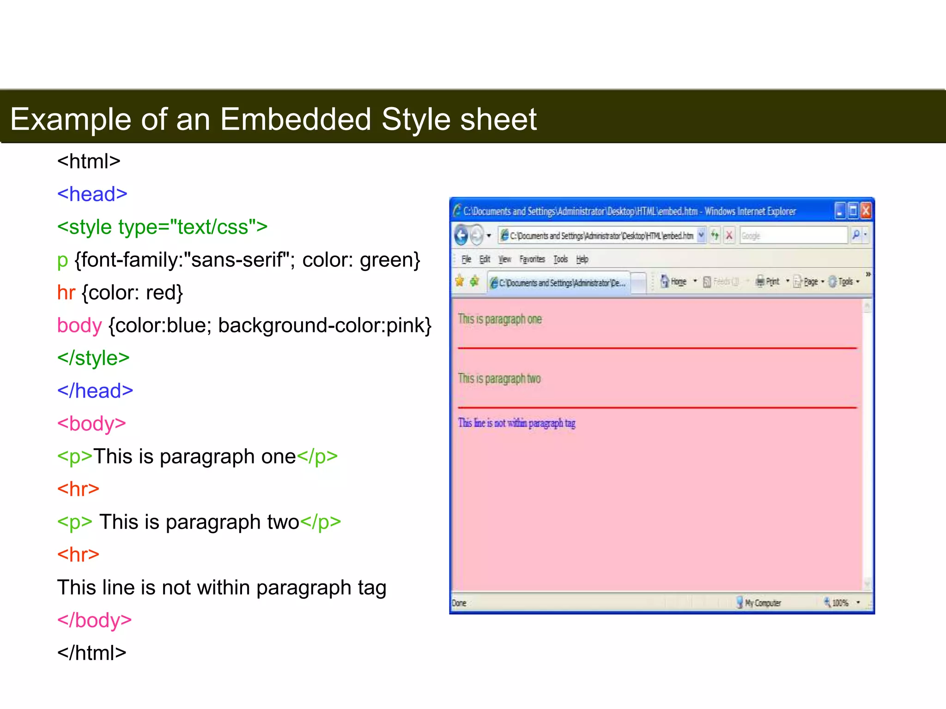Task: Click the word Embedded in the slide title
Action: [296, 119]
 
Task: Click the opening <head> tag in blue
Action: [92, 194]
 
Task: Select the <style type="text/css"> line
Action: [162, 227]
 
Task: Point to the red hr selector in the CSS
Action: [66, 293]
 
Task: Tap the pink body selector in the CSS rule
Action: [79, 325]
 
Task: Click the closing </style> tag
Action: [93, 358]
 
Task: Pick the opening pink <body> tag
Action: [91, 424]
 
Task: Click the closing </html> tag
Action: [91, 653]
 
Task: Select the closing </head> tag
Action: [95, 391]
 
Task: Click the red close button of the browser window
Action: [866, 211]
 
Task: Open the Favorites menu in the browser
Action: [532, 259]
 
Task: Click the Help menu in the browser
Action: [582, 259]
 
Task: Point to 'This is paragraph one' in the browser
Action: [500, 319]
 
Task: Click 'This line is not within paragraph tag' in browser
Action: [516, 423]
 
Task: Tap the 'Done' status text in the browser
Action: [459, 603]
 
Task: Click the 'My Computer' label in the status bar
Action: [762, 603]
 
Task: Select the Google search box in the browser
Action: [793, 235]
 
